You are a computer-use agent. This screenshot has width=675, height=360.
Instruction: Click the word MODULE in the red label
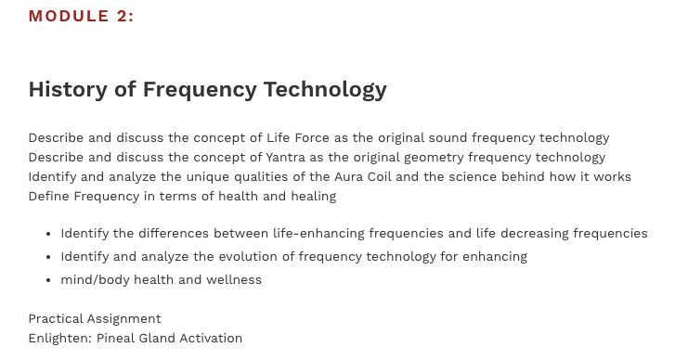click(x=67, y=16)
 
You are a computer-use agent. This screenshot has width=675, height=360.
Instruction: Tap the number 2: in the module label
click(x=124, y=16)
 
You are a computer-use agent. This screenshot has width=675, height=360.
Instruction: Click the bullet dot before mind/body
click(x=48, y=280)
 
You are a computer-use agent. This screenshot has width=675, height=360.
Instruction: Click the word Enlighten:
click(x=60, y=338)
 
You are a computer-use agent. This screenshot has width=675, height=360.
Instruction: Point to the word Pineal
click(x=120, y=338)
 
